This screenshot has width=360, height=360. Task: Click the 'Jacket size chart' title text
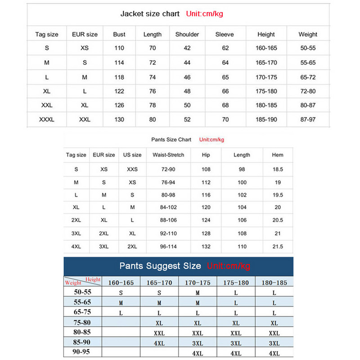pos(150,14)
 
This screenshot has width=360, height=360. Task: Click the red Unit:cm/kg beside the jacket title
pos(204,14)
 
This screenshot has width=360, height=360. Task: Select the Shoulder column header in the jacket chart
pos(187,34)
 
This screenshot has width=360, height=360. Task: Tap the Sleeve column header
pos(225,34)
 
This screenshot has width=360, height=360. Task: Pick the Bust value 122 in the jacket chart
pos(119,91)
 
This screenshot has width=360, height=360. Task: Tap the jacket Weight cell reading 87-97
pos(308,120)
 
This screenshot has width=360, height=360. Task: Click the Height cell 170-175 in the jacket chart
pos(266,77)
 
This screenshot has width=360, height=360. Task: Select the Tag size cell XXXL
pos(47,120)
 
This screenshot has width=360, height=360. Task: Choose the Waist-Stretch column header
pos(168,155)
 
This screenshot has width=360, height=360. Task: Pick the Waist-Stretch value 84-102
pos(168,207)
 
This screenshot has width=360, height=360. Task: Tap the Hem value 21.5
pos(278,247)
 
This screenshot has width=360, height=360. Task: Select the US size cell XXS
pos(132,169)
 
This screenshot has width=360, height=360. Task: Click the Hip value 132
pos(206,247)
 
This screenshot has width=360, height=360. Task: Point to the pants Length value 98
pos(242,169)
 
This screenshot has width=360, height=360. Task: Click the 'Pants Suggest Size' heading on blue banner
pos(160,266)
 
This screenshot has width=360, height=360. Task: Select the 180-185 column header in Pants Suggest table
pos(274,283)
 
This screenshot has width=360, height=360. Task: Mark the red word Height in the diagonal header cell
pos(93,279)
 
